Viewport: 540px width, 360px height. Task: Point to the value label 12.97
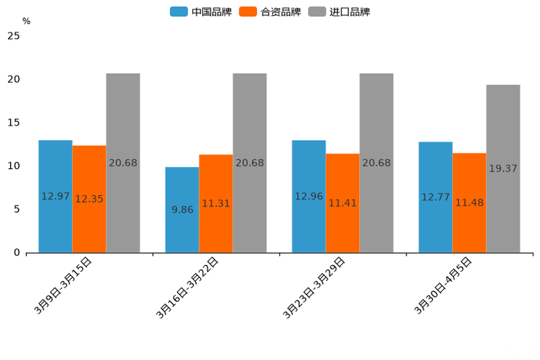[x=55, y=196]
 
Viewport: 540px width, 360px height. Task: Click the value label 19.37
[x=503, y=168]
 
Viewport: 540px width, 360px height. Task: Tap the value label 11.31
[x=216, y=203]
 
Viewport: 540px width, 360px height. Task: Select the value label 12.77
[x=435, y=197]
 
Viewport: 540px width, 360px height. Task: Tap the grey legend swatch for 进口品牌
[x=317, y=12]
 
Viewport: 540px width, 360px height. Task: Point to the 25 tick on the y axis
[x=13, y=36]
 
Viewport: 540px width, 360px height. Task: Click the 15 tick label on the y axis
[x=13, y=123]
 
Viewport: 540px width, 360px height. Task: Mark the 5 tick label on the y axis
[x=16, y=209]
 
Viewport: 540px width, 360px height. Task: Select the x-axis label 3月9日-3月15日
[x=63, y=285]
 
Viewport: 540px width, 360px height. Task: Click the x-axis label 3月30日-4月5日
[x=443, y=285]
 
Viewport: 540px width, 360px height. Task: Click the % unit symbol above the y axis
[x=26, y=21]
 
